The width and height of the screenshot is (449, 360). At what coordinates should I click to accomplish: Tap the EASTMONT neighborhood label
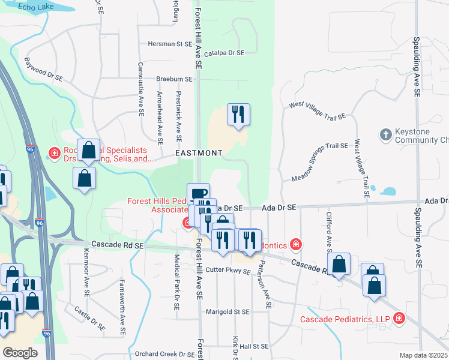[x=199, y=154]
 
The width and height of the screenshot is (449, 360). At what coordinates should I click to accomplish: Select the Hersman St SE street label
[x=169, y=44]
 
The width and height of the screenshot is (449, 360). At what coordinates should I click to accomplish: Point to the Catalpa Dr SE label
[x=224, y=53]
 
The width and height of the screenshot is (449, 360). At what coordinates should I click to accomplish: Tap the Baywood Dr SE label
[x=43, y=70]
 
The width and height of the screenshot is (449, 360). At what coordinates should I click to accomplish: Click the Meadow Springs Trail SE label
[x=320, y=163]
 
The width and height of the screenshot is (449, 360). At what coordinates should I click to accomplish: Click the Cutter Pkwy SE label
[x=228, y=271]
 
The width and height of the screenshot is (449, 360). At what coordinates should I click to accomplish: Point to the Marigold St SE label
[x=227, y=312]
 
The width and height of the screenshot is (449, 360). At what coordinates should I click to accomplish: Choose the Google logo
[x=19, y=353]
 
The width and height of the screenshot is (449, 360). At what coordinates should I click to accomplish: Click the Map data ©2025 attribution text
[x=423, y=355]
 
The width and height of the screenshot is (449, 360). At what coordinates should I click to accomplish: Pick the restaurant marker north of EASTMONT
[x=238, y=114]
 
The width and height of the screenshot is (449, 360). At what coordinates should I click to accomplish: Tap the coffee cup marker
[x=198, y=194]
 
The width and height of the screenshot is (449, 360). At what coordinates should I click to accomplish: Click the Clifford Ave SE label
[x=329, y=232]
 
